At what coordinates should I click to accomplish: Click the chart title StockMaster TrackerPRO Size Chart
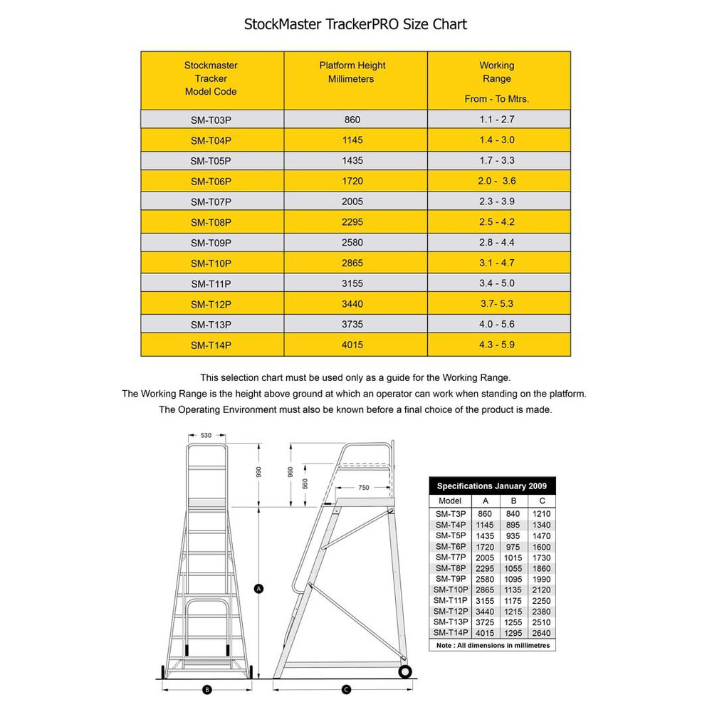[x=355, y=24]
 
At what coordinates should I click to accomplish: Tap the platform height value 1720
[x=352, y=181]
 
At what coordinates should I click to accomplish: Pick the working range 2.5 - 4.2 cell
[x=496, y=221]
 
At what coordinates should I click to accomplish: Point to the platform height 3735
[x=352, y=325]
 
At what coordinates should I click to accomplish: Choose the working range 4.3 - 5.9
[x=496, y=345]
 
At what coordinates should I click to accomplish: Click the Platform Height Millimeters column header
[x=351, y=72]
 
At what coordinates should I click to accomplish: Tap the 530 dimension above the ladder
[x=206, y=434]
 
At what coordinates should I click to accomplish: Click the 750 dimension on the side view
[x=363, y=488]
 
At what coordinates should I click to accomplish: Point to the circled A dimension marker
[x=259, y=588]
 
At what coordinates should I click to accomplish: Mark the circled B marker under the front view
[x=206, y=689]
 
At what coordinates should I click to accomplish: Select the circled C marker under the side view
[x=345, y=689]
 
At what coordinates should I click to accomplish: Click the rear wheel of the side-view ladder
[x=405, y=671]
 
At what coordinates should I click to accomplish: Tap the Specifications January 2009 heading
[x=492, y=486]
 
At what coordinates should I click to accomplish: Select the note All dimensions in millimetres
[x=492, y=645]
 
